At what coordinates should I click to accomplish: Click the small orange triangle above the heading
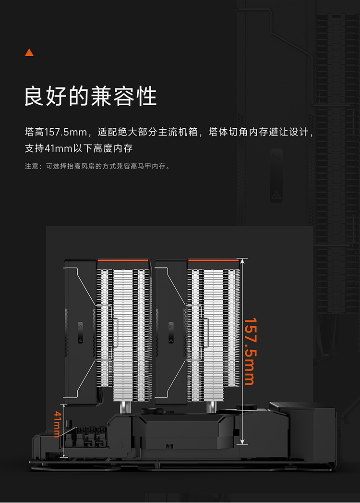pos(29,52)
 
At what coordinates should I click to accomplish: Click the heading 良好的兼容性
pos(91,96)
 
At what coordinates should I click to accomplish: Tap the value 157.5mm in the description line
pos(66,132)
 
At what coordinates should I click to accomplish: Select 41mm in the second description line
pos(59,148)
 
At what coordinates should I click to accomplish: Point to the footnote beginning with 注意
pos(98,166)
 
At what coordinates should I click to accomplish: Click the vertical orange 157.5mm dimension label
pos(250,351)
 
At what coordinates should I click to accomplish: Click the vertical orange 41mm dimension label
pos(57,424)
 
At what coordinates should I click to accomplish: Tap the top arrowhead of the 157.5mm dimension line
pos(242,261)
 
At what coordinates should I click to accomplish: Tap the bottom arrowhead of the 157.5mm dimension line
pos(242,442)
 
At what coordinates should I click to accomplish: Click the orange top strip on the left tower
pos(123,260)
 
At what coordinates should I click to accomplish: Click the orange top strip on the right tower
pos(214,260)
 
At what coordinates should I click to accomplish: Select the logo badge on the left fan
pos(80,332)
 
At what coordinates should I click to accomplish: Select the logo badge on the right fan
pos(171,332)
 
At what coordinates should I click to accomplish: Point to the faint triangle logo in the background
pos(276,194)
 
